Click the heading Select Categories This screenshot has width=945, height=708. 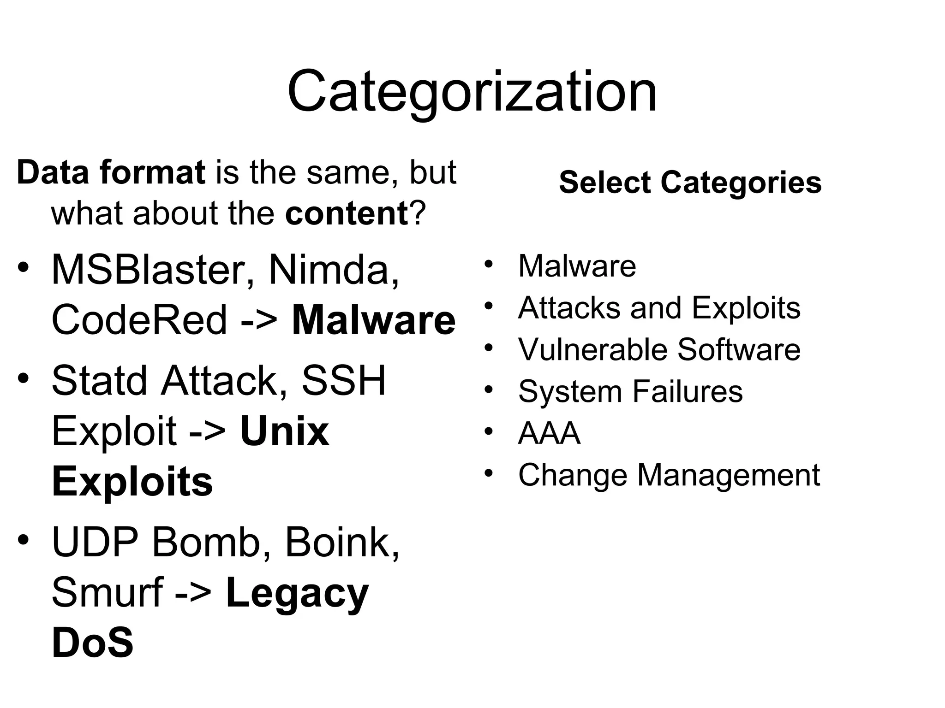click(690, 182)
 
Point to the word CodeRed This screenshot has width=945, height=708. click(139, 320)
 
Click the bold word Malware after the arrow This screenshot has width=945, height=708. click(374, 320)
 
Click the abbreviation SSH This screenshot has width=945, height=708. click(343, 381)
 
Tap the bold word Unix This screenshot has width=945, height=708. click(285, 431)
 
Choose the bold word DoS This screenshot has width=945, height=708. click(93, 643)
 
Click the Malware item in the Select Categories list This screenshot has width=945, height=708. click(577, 266)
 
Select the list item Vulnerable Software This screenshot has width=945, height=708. click(659, 349)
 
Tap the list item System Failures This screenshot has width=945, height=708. click(630, 391)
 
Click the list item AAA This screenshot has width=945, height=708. click(549, 433)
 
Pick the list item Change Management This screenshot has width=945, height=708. click(669, 475)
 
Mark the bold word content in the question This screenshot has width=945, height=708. click(347, 213)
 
